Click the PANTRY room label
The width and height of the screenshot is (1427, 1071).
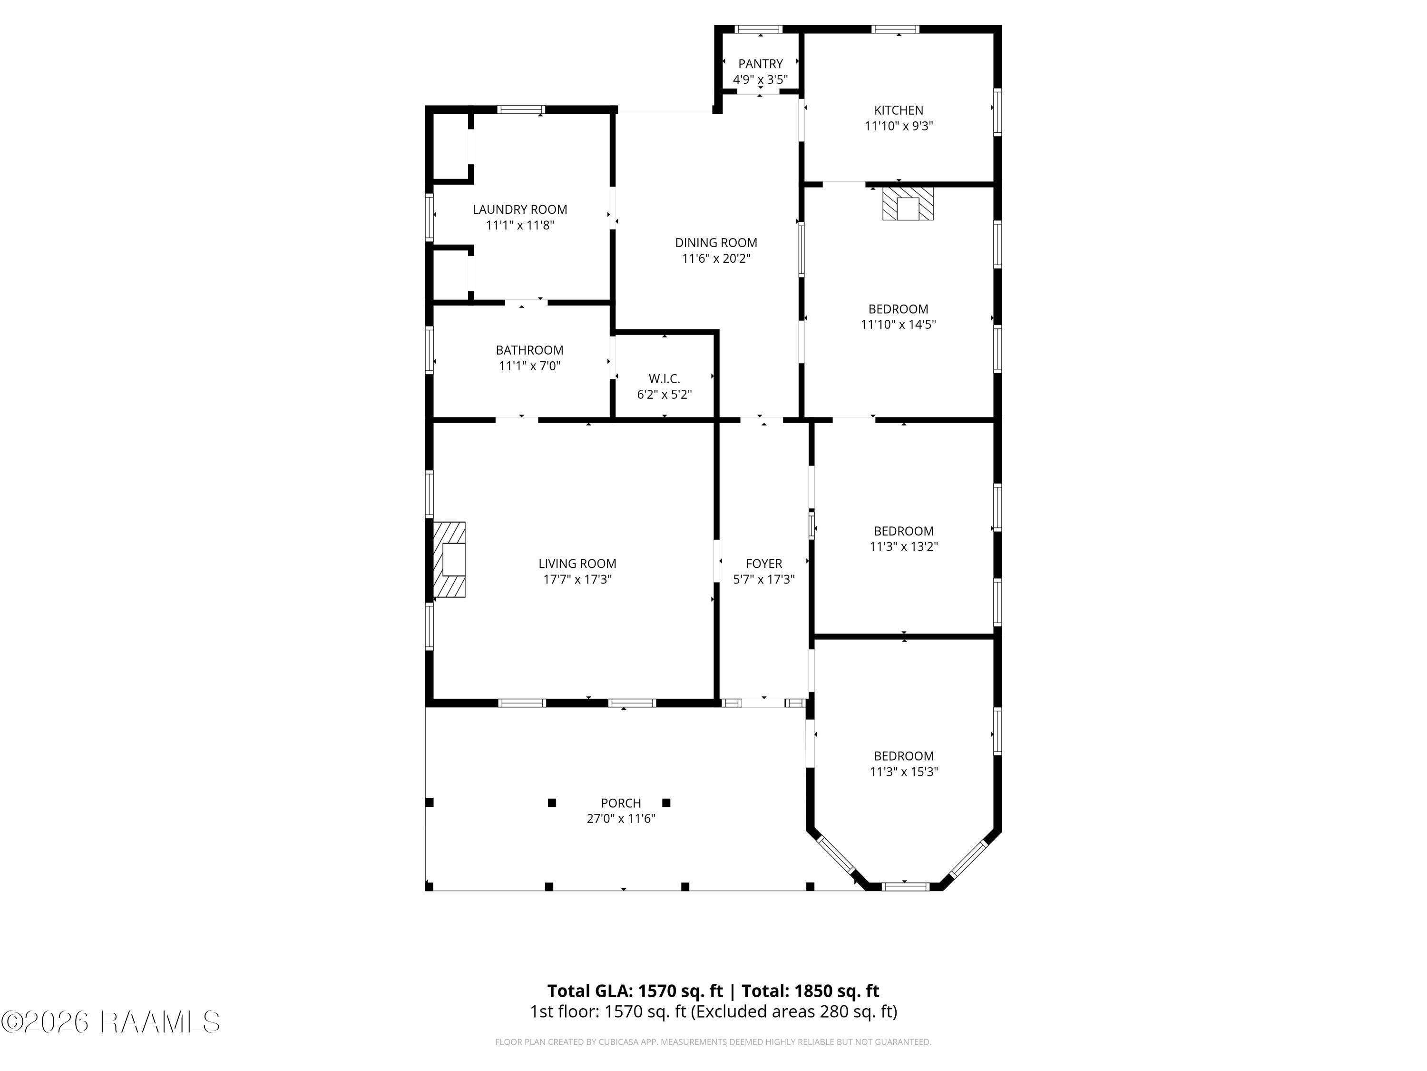tap(760, 64)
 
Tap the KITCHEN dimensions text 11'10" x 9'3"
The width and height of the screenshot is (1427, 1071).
tap(899, 126)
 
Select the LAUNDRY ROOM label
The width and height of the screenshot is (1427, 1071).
tap(520, 209)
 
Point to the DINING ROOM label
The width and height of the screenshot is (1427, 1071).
tap(716, 243)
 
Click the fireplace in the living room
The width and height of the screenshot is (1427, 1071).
tap(449, 559)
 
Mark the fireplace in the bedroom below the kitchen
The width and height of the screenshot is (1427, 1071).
tap(908, 204)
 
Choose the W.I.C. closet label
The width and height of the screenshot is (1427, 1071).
tap(665, 379)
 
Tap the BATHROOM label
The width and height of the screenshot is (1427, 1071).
tap(529, 350)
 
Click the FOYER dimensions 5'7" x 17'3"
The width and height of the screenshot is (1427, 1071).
tap(764, 579)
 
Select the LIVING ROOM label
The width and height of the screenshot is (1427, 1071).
tap(577, 564)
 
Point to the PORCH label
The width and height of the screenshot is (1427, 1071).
tap(621, 803)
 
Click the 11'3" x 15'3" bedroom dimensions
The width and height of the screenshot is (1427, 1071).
tap(903, 772)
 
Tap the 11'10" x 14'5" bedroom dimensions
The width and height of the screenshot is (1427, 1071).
tap(898, 325)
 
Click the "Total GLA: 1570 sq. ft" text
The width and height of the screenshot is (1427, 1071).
tap(635, 991)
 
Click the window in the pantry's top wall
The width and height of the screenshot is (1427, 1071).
tap(759, 29)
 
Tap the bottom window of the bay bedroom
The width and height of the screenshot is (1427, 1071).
tap(905, 887)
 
